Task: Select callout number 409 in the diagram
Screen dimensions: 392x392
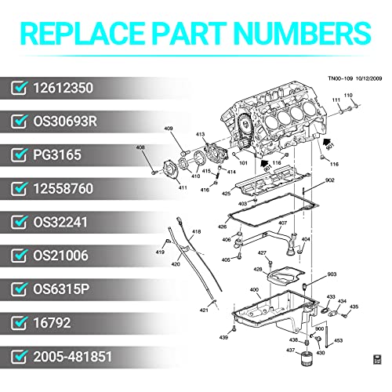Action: coord(169,129)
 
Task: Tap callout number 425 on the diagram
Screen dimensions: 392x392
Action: coord(226,192)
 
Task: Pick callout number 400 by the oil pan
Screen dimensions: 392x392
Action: coord(253,290)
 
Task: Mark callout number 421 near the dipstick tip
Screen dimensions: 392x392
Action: coord(204,310)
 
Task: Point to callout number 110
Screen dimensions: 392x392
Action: coord(349,96)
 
